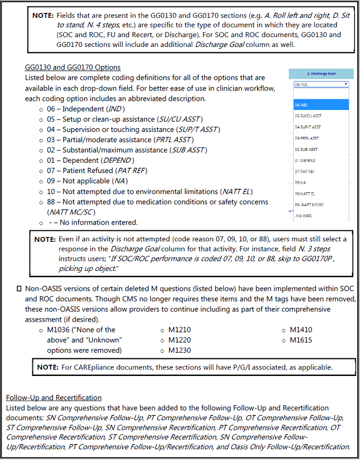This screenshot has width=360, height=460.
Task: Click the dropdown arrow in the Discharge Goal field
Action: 345,85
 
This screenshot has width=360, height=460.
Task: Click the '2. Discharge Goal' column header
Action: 321,73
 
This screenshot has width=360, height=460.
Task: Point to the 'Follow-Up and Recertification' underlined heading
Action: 54,398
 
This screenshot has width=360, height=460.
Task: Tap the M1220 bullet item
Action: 179,340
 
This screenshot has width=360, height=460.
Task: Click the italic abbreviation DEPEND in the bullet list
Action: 117,161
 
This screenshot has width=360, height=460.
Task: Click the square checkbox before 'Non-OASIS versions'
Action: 19,289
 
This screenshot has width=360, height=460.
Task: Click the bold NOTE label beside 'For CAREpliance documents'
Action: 50,367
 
